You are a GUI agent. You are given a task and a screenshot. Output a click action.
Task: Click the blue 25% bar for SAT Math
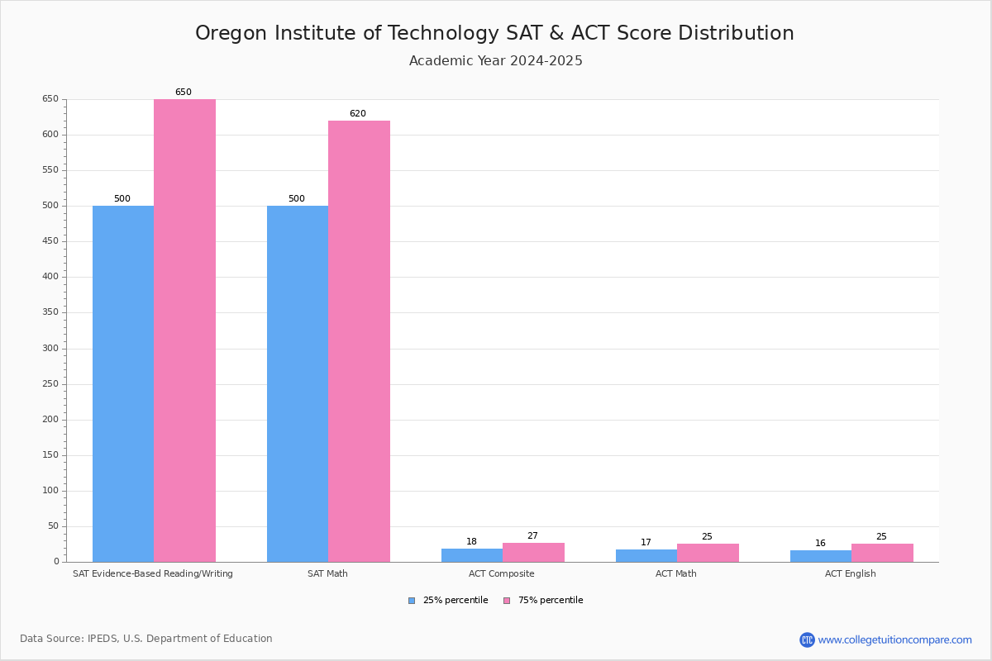[x=298, y=383]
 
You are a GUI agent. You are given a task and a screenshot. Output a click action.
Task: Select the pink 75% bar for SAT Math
[x=359, y=341]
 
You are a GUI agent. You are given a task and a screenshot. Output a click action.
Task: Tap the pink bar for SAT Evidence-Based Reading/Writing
[x=184, y=330]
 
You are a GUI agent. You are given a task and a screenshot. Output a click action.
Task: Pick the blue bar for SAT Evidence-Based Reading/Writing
[x=123, y=383]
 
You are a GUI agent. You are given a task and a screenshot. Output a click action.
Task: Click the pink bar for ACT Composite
[x=533, y=552]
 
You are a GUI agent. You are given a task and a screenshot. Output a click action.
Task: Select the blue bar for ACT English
[x=820, y=556]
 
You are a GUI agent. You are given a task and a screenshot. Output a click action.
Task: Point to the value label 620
[x=357, y=114]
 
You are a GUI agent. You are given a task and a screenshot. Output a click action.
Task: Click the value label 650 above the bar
[x=183, y=93]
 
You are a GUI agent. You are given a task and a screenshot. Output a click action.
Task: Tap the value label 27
[x=532, y=536]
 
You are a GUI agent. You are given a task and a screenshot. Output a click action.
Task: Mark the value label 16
[x=820, y=544]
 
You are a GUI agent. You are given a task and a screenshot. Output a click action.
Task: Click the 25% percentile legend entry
[x=448, y=601]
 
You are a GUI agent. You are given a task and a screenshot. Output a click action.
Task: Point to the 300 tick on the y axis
[x=50, y=349]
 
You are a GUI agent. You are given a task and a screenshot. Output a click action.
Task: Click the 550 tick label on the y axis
[x=50, y=170]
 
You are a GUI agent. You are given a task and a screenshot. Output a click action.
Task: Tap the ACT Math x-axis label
[x=675, y=573]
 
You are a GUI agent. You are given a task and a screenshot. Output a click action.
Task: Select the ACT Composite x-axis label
[x=501, y=573]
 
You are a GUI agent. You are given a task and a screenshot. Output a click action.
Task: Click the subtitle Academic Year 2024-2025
[x=496, y=61]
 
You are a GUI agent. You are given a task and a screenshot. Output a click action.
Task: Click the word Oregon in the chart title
[x=232, y=34]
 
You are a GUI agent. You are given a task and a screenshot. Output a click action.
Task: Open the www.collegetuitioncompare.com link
[x=894, y=640]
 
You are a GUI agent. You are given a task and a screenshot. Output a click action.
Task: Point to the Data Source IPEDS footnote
[x=146, y=639]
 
